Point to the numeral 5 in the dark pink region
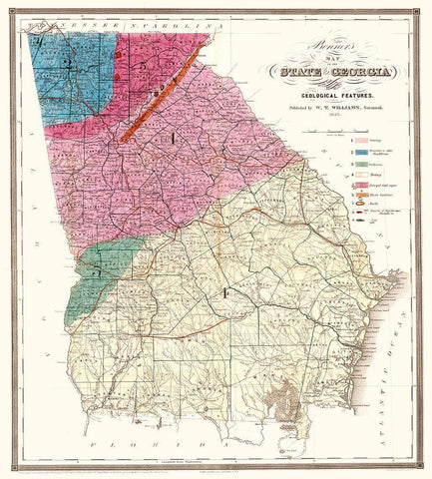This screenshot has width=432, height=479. pos(144,64)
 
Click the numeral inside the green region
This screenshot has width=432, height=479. pos(98,270)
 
